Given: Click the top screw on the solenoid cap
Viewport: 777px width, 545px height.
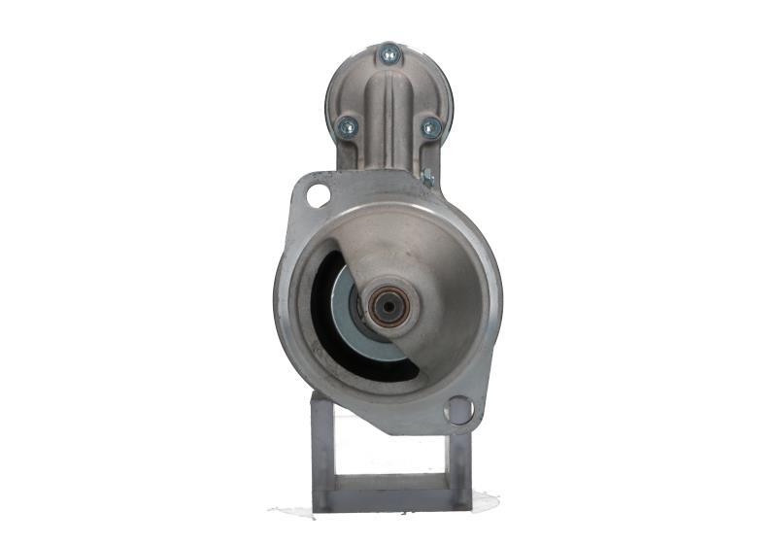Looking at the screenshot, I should click(x=389, y=55).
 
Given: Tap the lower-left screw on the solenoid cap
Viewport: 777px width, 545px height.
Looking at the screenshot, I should click(x=347, y=125).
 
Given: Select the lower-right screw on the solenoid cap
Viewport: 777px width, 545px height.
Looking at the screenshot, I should click(x=430, y=127).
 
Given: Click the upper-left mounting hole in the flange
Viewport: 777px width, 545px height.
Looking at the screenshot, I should click(x=318, y=195).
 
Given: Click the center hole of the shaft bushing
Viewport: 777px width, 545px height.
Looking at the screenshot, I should click(x=388, y=307).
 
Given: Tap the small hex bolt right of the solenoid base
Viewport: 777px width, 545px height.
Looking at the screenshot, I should click(x=427, y=178).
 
